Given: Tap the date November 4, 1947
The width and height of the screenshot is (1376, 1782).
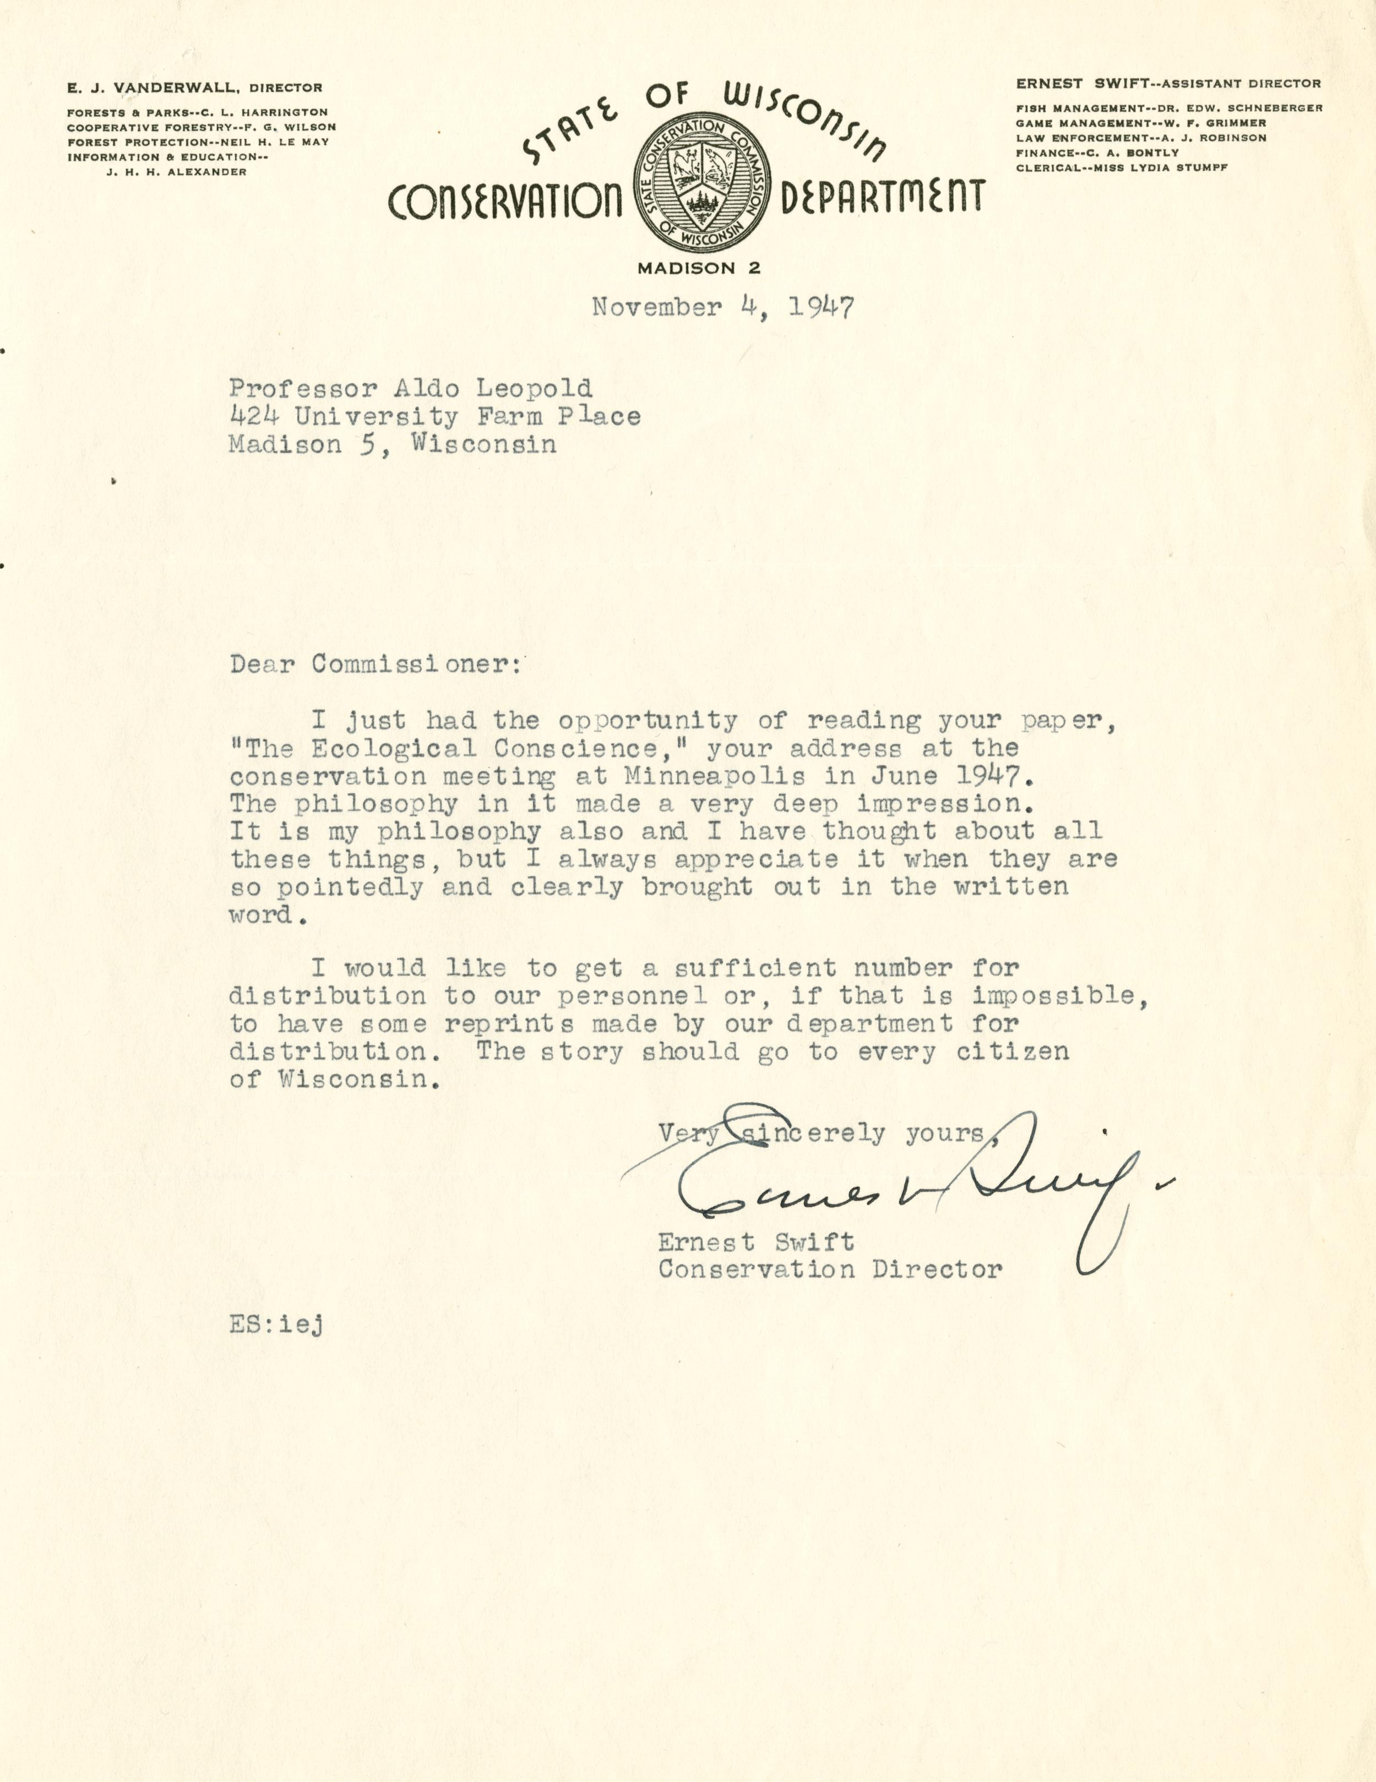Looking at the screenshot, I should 722,308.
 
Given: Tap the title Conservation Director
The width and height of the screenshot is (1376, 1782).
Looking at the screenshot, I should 830,1269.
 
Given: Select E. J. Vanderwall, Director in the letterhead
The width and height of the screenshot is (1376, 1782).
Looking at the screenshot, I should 194,88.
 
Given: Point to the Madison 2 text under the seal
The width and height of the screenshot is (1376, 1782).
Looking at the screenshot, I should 699,268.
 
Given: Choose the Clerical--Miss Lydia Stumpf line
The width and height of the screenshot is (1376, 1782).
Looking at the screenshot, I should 1122,167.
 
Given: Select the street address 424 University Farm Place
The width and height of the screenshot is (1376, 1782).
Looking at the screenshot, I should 434,416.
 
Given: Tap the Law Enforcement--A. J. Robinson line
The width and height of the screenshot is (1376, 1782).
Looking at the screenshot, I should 1141,138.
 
